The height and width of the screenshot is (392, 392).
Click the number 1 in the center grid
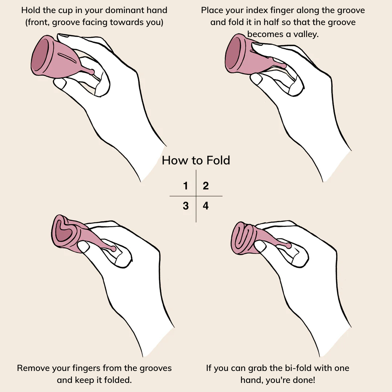coord(185,186)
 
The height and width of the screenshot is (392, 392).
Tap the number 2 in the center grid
coord(206,186)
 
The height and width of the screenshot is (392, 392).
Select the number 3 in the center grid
coord(185,206)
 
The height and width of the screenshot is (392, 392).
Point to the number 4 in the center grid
coord(206,206)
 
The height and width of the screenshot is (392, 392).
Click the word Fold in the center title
coord(218,160)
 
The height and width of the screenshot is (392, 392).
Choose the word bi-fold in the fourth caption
coord(298,368)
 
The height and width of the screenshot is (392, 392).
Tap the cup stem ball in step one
coord(91,72)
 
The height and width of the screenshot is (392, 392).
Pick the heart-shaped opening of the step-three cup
coord(62,231)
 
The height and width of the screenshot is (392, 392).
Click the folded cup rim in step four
coord(241,238)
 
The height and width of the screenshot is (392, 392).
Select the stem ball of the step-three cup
coord(114,249)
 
